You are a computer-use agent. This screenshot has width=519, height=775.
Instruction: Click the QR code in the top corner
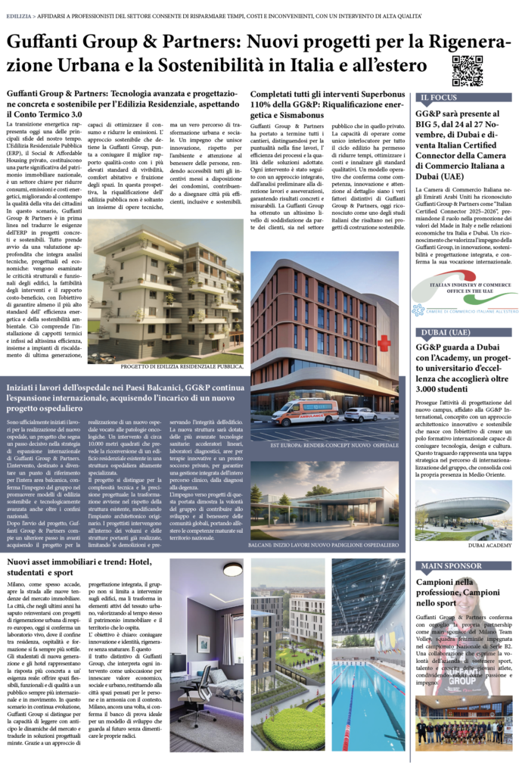tap(467, 70)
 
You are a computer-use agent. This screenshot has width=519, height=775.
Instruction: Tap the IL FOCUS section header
tap(438, 98)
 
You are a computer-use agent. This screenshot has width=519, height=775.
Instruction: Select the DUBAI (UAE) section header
tap(444, 331)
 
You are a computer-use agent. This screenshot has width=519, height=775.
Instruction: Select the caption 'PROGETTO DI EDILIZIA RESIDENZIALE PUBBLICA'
tap(182, 366)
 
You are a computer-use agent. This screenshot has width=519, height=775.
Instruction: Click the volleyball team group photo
tap(463, 730)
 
